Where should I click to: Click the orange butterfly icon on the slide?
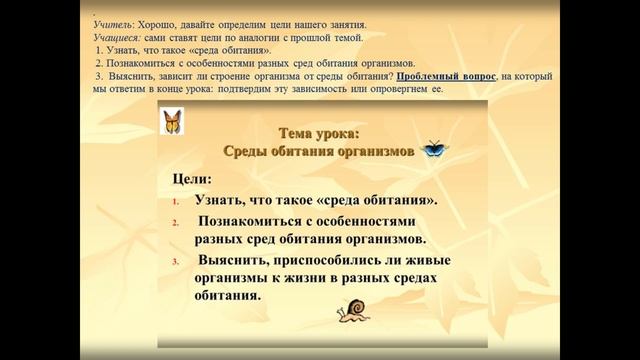[x=172, y=121]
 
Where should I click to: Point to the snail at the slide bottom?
[x=354, y=313]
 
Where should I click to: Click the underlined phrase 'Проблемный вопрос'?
[x=445, y=76]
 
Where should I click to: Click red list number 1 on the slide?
[x=175, y=200]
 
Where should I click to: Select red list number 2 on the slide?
[x=175, y=222]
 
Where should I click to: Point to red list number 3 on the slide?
[x=175, y=262]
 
